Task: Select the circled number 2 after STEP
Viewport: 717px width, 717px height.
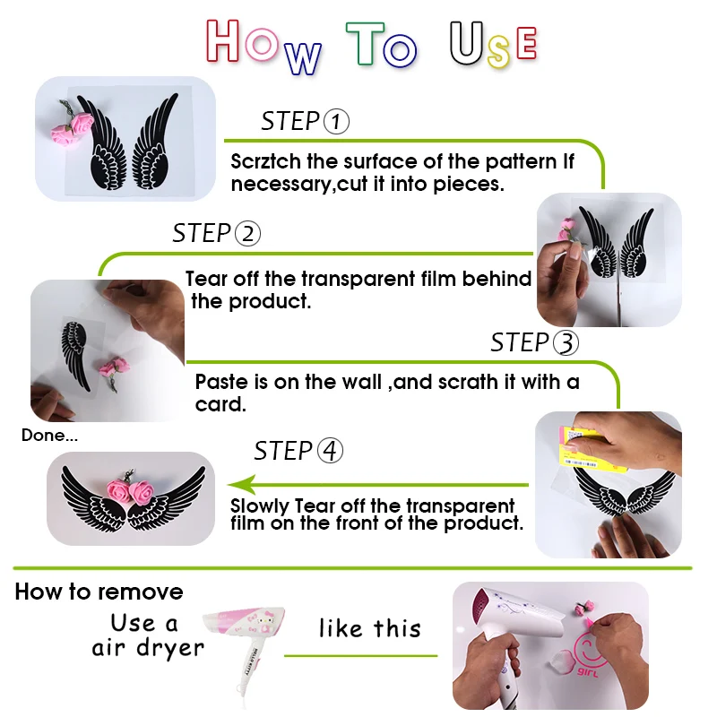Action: [x=247, y=234]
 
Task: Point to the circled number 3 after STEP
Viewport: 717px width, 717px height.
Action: [x=566, y=343]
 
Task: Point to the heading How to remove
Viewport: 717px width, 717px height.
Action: [x=99, y=592]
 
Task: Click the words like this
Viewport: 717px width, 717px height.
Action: [x=369, y=628]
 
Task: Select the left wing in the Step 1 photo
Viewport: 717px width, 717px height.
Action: [x=104, y=143]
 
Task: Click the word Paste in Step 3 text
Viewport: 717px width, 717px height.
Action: [x=220, y=381]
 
